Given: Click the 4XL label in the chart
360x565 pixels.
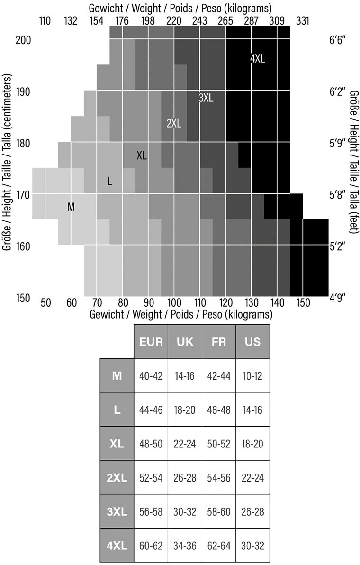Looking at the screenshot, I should (257, 59).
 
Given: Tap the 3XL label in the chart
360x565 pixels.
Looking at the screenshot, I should (206, 98).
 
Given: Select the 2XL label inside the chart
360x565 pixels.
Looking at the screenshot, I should (174, 123).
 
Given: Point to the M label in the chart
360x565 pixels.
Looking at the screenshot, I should (71, 207).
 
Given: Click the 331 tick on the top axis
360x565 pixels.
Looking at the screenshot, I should (303, 21).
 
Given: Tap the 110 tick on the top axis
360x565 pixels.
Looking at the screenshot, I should (45, 21).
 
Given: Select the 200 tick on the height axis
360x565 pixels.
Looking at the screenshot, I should (23, 40).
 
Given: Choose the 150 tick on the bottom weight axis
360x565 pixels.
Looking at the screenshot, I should (303, 302).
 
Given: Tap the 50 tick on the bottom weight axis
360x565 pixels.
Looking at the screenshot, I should (45, 302).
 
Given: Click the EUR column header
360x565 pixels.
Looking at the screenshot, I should (151, 341).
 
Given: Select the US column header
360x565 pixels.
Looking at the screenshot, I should (252, 341).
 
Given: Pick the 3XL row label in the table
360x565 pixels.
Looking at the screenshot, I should (117, 512).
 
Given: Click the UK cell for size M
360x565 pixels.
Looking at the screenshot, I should (185, 376).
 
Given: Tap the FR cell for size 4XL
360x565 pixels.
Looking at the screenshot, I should (219, 546).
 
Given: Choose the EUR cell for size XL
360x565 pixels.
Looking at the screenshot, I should (151, 444).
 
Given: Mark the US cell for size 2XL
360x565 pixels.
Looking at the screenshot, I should (252, 478).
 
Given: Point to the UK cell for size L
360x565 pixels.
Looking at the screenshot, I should (185, 410).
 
